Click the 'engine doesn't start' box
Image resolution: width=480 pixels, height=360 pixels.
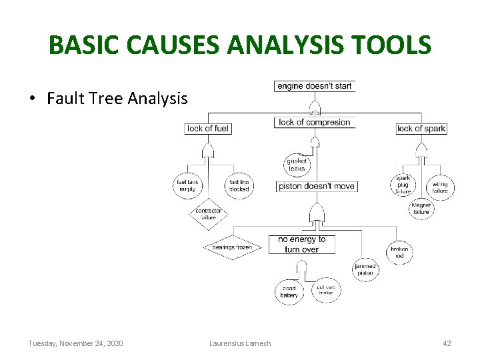[315, 86]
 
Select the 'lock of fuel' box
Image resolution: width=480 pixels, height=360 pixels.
[208, 129]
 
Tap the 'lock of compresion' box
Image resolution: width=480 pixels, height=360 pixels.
[314, 123]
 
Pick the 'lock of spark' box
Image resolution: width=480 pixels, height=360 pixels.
[421, 129]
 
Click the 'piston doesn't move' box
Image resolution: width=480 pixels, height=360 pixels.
[317, 186]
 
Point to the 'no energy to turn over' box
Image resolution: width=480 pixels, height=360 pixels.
[301, 244]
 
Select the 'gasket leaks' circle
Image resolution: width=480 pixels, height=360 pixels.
[297, 165]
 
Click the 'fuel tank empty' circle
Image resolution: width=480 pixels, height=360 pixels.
[188, 185]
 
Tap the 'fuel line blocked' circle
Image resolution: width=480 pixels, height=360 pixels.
[239, 185]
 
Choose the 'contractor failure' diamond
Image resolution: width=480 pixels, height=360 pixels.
[209, 214]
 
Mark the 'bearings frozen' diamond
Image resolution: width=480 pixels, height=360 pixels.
[232, 247]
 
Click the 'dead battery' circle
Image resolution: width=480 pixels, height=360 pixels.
[289, 292]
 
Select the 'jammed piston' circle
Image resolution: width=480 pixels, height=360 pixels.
[365, 269]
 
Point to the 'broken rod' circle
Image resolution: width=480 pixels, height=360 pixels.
[399, 252]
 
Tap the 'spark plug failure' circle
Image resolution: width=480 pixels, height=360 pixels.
[403, 185]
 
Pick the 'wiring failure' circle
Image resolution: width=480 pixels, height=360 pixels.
[440, 187]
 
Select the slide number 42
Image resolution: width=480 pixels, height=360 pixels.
[447, 343]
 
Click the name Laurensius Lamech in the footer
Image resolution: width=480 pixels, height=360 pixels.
[240, 343]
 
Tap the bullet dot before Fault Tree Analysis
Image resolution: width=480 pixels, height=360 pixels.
[32, 99]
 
